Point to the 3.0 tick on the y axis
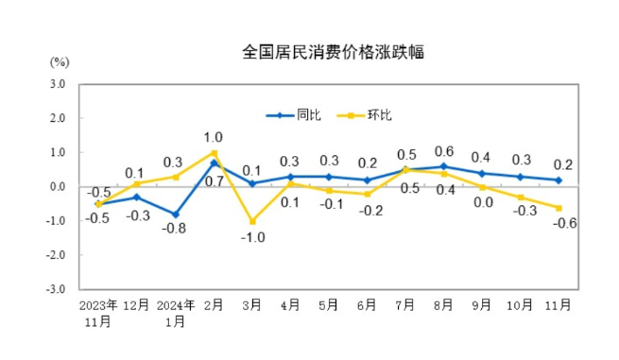pyautogui.click(x=58, y=84)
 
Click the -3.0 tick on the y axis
pyautogui.click(x=57, y=289)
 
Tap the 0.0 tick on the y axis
pyautogui.click(x=58, y=187)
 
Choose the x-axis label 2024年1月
pyautogui.click(x=175, y=312)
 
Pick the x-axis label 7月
pyautogui.click(x=406, y=305)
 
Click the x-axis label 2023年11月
pyautogui.click(x=98, y=312)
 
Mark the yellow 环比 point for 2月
pyautogui.click(x=215, y=153)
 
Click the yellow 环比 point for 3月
pyautogui.click(x=252, y=221)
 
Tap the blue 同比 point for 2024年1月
pyautogui.click(x=176, y=214)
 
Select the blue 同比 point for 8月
pyautogui.click(x=443, y=166)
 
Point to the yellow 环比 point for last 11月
pyautogui.click(x=559, y=208)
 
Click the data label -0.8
pyautogui.click(x=174, y=230)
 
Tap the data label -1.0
pyautogui.click(x=251, y=237)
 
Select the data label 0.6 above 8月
pyautogui.click(x=443, y=151)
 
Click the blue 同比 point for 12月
pyautogui.click(x=137, y=197)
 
